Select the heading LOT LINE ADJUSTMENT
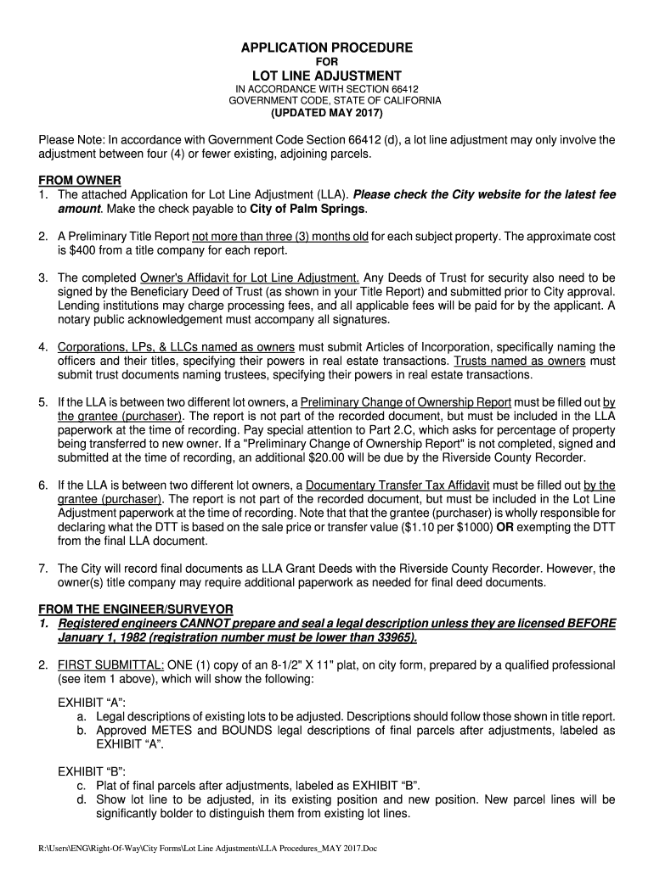tap(327, 76)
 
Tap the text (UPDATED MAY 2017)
tap(327, 112)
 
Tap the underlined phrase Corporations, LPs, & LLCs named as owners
tap(176, 347)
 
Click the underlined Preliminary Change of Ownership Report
tap(406, 402)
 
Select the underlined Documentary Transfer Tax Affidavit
tap(401, 485)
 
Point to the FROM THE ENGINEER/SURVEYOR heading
tap(135, 609)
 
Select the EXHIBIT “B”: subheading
tap(91, 771)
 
